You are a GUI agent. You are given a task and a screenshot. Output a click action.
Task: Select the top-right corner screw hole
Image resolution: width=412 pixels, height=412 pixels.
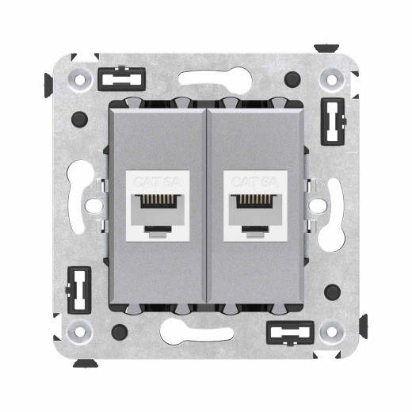[x=331, y=79]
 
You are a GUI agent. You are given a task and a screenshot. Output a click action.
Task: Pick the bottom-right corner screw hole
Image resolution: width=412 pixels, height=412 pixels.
[x=331, y=331]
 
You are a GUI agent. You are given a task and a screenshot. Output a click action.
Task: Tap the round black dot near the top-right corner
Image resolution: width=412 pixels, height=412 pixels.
[x=294, y=80]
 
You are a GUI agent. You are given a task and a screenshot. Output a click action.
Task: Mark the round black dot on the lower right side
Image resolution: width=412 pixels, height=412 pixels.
[x=334, y=292]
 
